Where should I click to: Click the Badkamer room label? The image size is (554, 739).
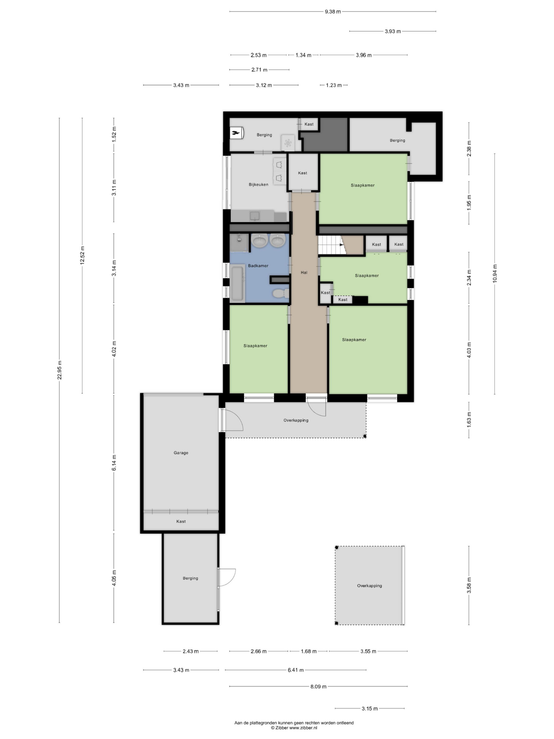258,266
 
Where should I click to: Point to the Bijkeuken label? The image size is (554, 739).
258,185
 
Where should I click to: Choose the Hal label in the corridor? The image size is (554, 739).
304,273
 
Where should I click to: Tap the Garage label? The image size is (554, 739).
181,453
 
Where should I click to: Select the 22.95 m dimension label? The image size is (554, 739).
60,370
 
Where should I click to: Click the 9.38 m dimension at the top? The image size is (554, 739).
333,12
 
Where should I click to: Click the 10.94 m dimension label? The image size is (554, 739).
494,273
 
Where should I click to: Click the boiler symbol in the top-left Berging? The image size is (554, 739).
237,133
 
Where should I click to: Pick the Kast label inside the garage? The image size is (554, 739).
181,521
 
